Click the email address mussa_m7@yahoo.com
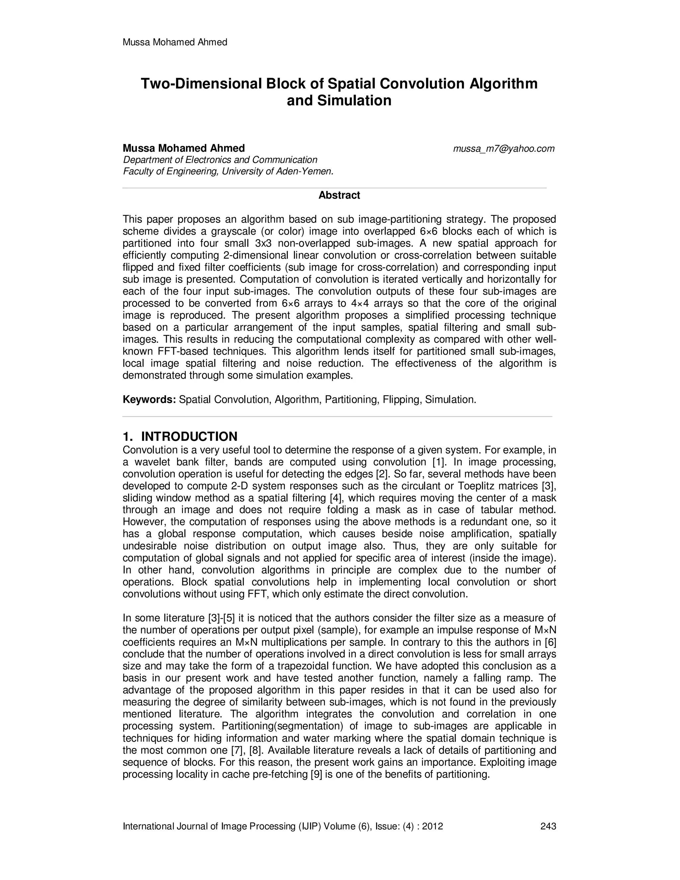click(504, 149)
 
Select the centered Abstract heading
click(339, 195)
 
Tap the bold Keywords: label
click(149, 400)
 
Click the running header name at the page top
click(175, 42)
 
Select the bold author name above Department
click(184, 148)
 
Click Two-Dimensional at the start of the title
click(202, 84)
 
